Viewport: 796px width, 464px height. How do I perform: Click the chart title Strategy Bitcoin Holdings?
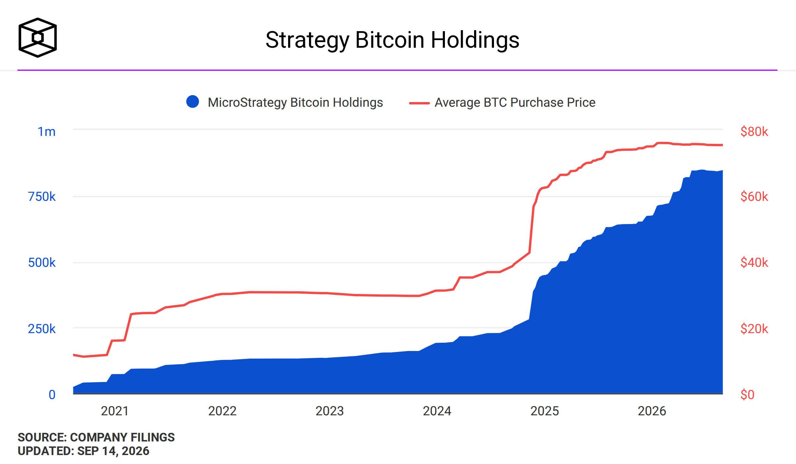[392, 40]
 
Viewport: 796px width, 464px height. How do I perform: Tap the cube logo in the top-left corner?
[37, 37]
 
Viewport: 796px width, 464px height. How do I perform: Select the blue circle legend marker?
[193, 102]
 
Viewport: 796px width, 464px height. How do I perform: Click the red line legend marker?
[419, 103]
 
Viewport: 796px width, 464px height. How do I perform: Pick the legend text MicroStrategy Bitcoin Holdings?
[295, 102]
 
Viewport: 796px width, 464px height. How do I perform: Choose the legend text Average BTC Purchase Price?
[515, 102]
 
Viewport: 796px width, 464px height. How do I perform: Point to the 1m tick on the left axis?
[46, 132]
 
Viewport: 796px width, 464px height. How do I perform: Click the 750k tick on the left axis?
[42, 197]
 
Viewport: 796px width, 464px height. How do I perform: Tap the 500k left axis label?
[42, 262]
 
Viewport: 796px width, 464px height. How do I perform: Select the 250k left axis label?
[42, 329]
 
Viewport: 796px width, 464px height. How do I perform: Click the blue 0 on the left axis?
[52, 395]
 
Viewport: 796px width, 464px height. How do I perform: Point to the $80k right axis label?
[754, 132]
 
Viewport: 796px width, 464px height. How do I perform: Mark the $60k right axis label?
[754, 197]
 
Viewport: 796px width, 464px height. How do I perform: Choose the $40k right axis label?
[754, 262]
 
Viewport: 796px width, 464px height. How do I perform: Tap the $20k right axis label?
[754, 329]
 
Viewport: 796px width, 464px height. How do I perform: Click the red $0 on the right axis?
[747, 395]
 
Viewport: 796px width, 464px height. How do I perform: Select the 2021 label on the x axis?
[115, 411]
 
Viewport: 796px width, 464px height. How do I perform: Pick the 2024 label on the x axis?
[437, 411]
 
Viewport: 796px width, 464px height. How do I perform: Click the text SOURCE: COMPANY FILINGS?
[96, 437]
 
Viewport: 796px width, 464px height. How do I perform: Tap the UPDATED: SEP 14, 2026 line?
[84, 451]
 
